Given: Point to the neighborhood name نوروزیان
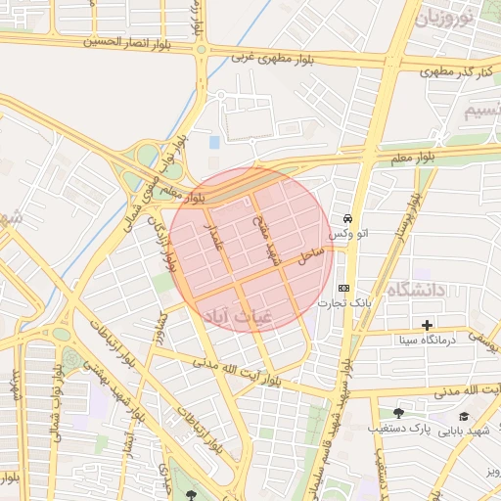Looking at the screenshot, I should coord(444,18).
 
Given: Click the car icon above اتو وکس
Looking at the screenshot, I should coord(348,218).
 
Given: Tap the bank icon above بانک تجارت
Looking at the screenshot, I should coord(343,288).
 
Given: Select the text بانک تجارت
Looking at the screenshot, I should coord(338,303).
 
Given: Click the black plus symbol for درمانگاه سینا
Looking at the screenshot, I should coord(427,325).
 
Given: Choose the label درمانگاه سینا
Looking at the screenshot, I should coord(426,341).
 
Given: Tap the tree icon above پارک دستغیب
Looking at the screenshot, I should coord(397,413).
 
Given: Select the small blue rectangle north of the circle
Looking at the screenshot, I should coord(214,143).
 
